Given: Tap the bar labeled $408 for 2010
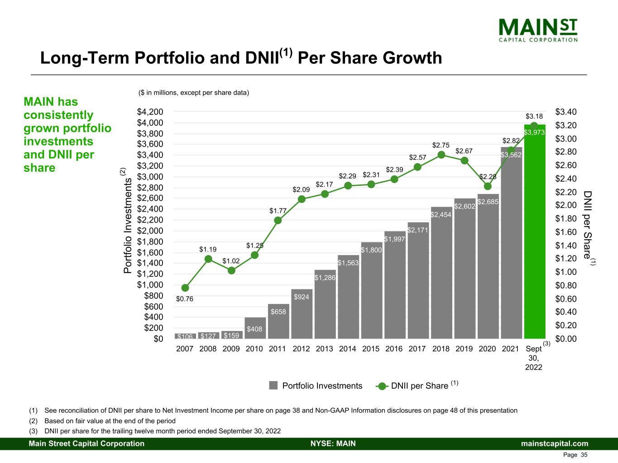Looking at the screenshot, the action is (x=255, y=328).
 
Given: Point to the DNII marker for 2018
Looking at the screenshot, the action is (x=441, y=155).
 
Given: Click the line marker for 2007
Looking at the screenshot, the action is (x=185, y=288).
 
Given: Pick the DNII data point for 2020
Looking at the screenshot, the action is (x=488, y=186).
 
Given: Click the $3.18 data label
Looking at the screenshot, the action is (x=534, y=116).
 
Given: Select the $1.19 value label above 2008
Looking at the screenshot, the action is (x=208, y=249).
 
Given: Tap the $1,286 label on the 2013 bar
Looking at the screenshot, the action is (x=325, y=278).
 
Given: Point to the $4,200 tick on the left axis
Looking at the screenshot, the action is (x=150, y=112).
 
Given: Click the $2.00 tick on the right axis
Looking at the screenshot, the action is (x=566, y=205).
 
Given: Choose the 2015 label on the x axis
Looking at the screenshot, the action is (x=371, y=349).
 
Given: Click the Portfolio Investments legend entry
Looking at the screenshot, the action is (x=316, y=385).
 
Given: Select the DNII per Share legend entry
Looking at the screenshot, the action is (x=417, y=385).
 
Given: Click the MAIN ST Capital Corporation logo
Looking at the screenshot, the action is (x=538, y=30).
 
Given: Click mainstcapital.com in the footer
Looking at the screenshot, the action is (x=555, y=443).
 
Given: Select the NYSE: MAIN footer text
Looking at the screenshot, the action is (x=333, y=443).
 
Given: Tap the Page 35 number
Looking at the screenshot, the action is (x=575, y=455).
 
